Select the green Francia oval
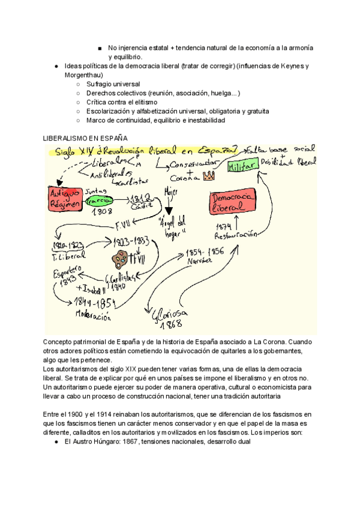100,200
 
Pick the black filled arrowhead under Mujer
169,211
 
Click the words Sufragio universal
113,84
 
